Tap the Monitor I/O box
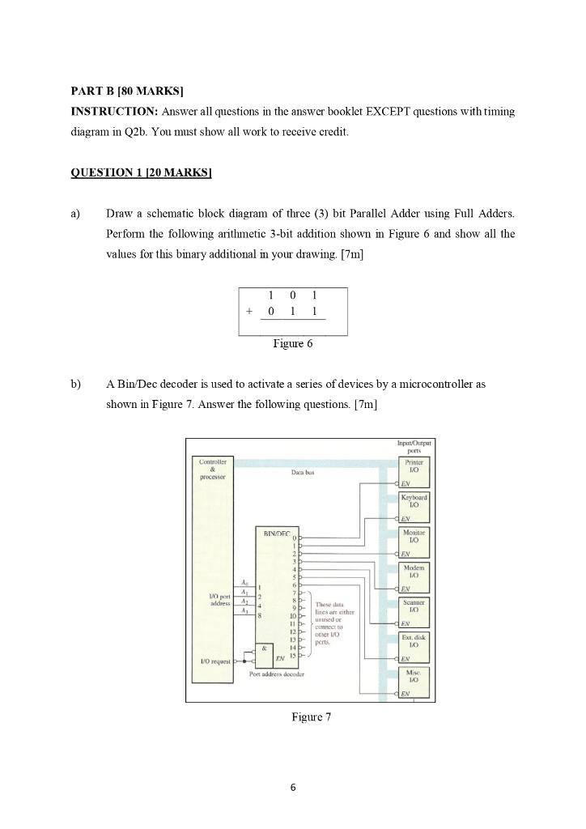[x=413, y=537]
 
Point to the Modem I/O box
[x=413, y=572]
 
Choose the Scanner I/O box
[x=413, y=607]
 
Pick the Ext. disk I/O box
[x=413, y=643]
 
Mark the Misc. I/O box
[x=413, y=677]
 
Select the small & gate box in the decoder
[x=263, y=648]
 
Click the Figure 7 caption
[x=311, y=717]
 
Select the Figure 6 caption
[x=293, y=343]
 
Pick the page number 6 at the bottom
[x=293, y=786]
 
